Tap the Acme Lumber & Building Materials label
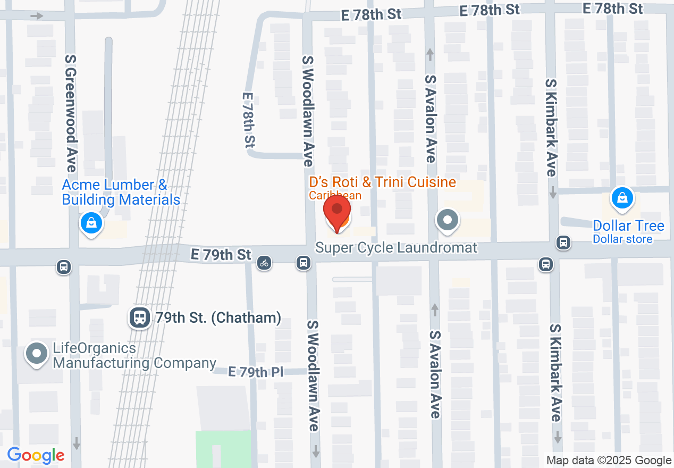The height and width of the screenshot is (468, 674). point(121,193)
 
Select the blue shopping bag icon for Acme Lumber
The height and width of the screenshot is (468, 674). point(91,223)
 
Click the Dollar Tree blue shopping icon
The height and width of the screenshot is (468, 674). point(621,199)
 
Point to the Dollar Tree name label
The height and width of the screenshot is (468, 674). point(628,226)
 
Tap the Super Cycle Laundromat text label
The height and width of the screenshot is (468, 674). point(396,248)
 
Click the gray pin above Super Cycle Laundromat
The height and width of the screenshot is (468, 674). point(448,220)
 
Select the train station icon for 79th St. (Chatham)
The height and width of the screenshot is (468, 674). point(139,318)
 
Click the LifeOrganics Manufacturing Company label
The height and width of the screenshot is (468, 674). point(134,356)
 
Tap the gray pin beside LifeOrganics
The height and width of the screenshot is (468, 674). point(37,354)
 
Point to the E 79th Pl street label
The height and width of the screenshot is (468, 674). point(256,372)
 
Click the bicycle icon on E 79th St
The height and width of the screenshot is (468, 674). point(264,262)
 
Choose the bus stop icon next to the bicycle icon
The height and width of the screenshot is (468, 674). point(304,262)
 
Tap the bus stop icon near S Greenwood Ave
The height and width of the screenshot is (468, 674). point(64,266)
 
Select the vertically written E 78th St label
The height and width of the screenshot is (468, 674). point(249,120)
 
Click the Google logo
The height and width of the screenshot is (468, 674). point(36,455)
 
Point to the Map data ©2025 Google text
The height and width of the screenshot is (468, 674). point(609,461)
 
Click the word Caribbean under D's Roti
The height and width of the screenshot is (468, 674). point(335,196)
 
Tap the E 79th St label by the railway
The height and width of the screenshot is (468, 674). point(221,255)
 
